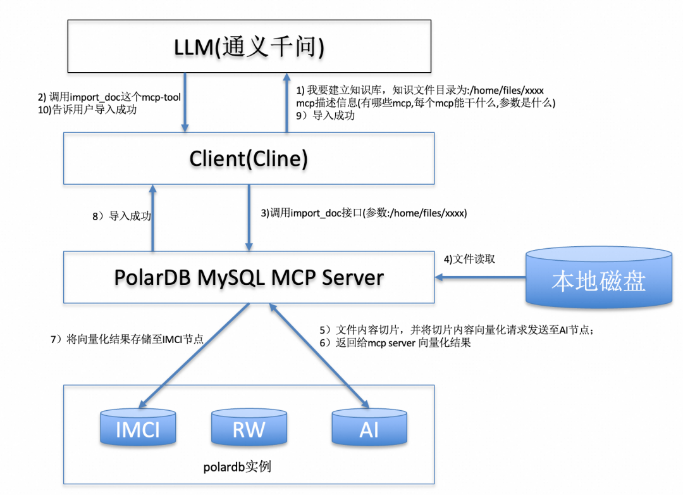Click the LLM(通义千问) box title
click(249, 47)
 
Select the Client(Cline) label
click(249, 158)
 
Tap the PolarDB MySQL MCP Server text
click(249, 277)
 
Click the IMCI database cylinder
click(138, 427)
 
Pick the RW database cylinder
click(249, 427)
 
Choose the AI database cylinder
click(369, 427)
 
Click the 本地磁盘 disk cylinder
click(599, 278)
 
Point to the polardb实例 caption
click(237, 467)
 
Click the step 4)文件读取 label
click(469, 259)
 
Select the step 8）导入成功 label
click(121, 216)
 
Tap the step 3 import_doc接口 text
click(364, 213)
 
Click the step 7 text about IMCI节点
click(127, 339)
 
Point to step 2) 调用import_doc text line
click(109, 97)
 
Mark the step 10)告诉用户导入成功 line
click(87, 110)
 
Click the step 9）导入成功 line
click(326, 116)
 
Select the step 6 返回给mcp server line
click(395, 343)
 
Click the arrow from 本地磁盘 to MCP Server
click(481, 277)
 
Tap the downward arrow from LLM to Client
click(185, 103)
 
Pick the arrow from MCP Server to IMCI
click(194, 356)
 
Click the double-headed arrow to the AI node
click(319, 356)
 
